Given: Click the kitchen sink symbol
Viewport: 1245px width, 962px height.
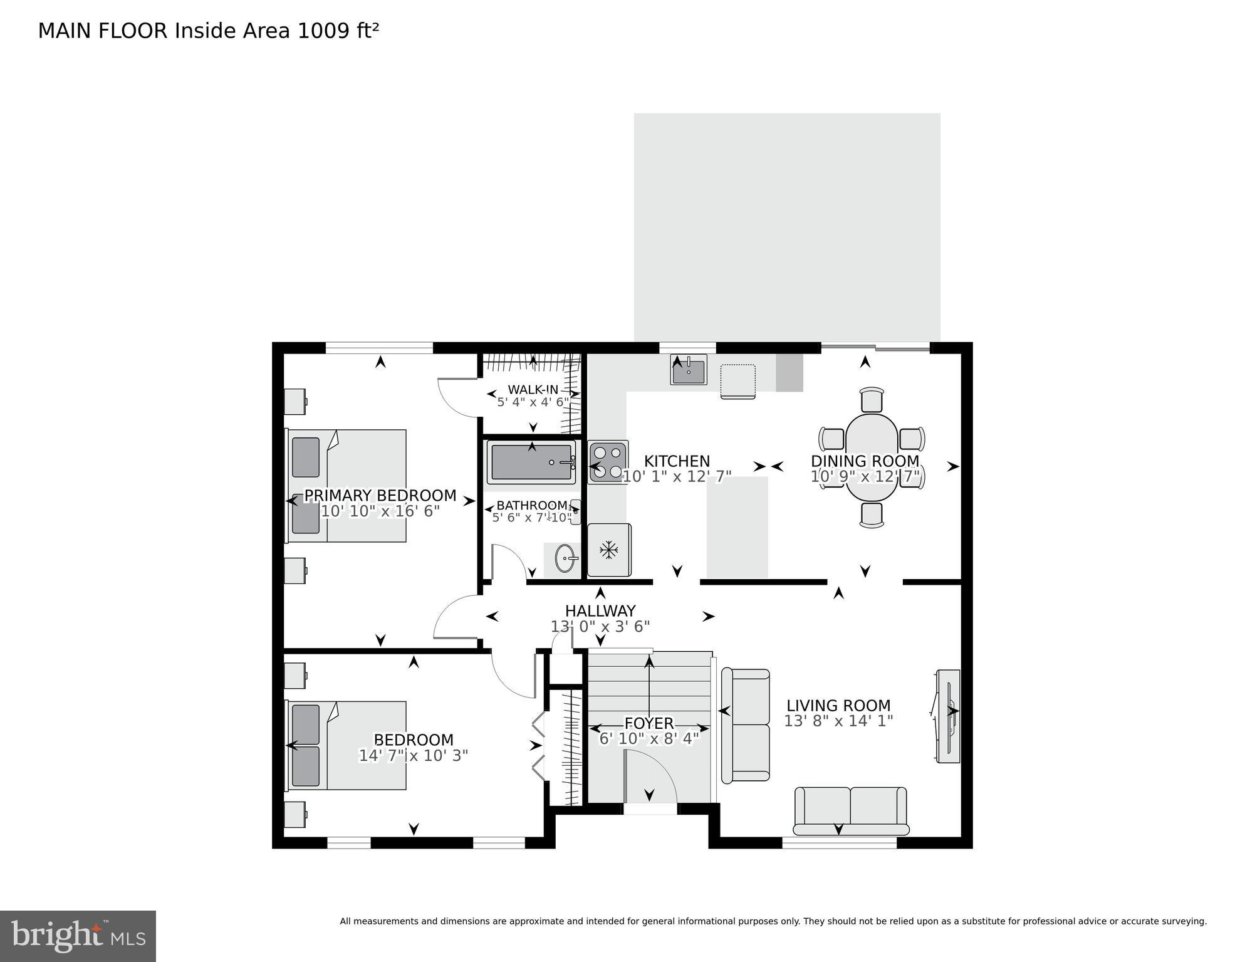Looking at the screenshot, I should tap(689, 370).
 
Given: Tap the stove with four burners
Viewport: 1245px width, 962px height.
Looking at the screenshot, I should tap(607, 462).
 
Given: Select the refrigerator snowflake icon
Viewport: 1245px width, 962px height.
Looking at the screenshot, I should tap(608, 550).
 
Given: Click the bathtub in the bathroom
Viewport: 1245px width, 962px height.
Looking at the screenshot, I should tap(531, 463).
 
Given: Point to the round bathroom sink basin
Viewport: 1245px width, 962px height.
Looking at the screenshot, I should tap(565, 558).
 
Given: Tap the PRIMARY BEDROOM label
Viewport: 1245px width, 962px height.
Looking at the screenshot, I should tap(380, 496).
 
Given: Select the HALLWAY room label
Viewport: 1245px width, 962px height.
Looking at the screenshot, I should tap(600, 610).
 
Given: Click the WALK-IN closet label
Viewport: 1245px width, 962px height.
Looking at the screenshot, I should tap(533, 389).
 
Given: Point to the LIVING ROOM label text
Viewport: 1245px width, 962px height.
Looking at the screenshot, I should tap(838, 706).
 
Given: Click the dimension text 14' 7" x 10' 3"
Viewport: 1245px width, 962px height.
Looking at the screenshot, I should tap(413, 755).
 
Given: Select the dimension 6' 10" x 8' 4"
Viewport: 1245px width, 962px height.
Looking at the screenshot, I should tap(649, 738).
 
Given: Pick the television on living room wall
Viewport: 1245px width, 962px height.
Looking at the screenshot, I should tap(947, 716).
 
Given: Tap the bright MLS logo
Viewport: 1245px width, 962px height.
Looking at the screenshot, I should tap(78, 936).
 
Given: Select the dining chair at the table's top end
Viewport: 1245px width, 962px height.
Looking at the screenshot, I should tap(872, 399).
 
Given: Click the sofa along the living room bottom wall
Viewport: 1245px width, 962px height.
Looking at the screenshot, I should tap(850, 810).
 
